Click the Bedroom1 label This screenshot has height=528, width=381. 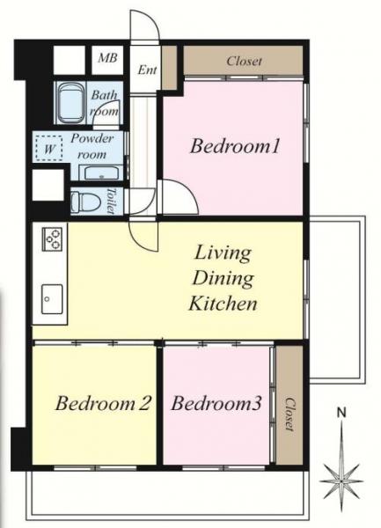[x=235, y=147]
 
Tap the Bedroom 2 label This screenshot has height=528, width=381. [x=103, y=403]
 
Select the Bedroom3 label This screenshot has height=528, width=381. [x=216, y=403]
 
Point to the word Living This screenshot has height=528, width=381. [x=223, y=253]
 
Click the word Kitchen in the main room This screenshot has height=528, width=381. [x=223, y=303]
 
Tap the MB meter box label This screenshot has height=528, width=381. [x=107, y=57]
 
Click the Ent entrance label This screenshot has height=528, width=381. [x=147, y=70]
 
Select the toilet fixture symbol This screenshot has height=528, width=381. [x=86, y=202]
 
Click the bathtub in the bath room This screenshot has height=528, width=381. [x=71, y=103]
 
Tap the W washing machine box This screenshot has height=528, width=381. [x=49, y=148]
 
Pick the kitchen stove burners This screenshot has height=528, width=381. [x=52, y=238]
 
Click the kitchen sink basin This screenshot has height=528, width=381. [x=52, y=299]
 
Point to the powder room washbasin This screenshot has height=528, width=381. [x=99, y=173]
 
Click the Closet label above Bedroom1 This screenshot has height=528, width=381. [x=244, y=62]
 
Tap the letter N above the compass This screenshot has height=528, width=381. [x=341, y=412]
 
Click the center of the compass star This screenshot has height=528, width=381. [x=341, y=481]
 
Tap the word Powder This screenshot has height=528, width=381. [x=92, y=139]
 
